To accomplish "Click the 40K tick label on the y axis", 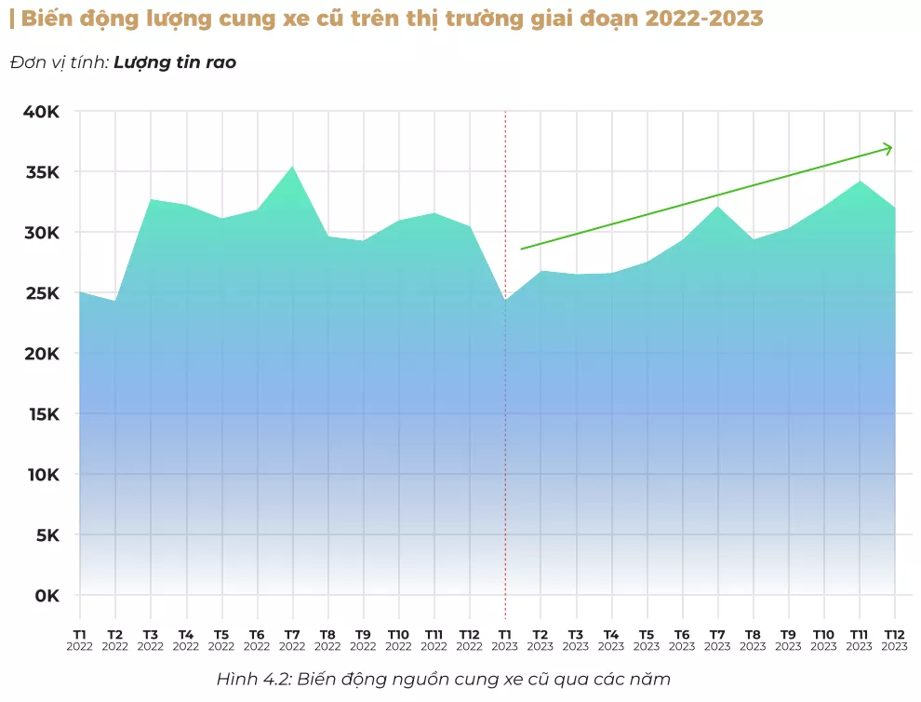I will tap(40, 112).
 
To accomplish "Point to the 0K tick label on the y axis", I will tap(45, 596).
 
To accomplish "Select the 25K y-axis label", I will tap(40, 293).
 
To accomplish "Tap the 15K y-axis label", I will tap(40, 414).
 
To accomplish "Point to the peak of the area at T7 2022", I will tap(292, 167).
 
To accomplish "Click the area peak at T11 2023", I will tap(860, 182).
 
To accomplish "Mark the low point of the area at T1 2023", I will tap(505, 301).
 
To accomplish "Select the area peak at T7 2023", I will tap(717, 207).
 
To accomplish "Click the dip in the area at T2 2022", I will tap(114, 301).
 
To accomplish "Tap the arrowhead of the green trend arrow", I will tap(888, 148).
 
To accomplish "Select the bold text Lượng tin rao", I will tap(175, 62).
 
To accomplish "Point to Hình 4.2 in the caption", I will tap(251, 679).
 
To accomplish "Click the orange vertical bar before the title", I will tap(11, 19).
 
